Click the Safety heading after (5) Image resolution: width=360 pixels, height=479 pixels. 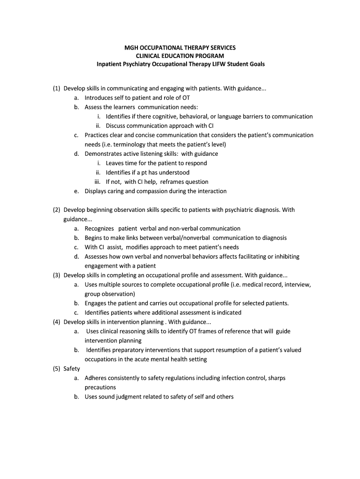tap(72, 369)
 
